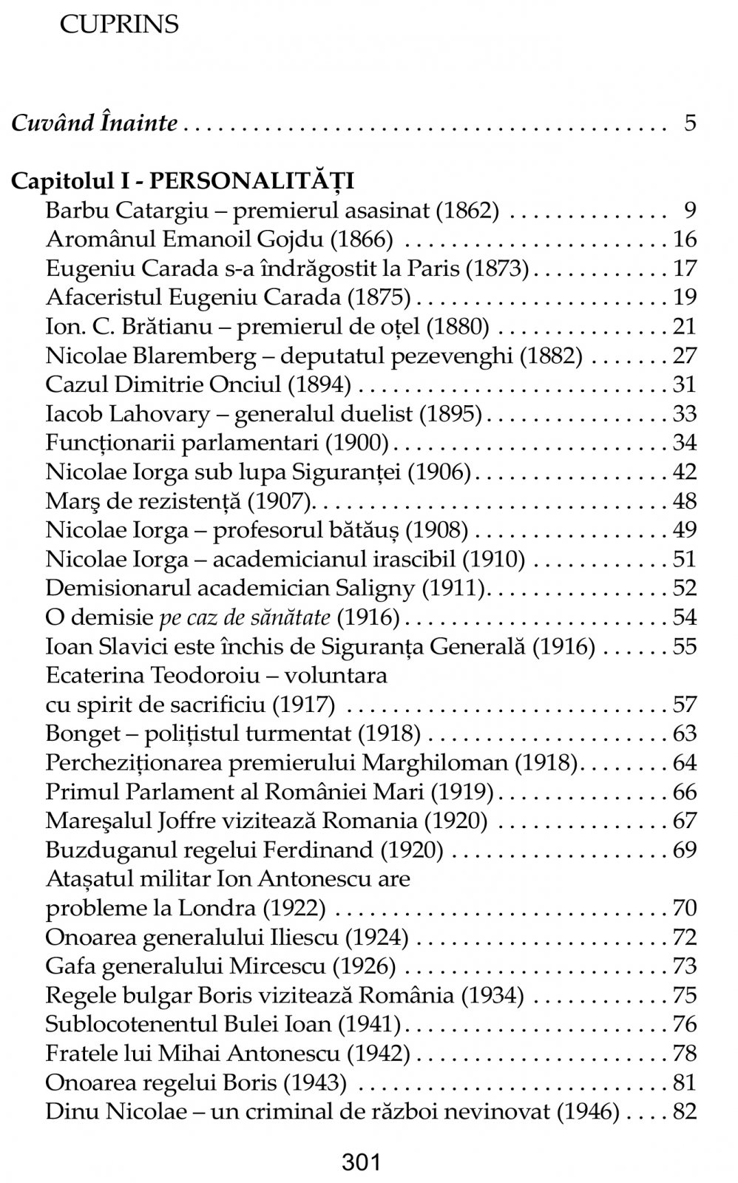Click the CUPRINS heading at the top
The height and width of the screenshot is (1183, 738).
coord(118,24)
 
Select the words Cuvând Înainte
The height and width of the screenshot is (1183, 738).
coord(94,123)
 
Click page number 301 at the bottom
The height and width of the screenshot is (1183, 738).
coord(361,1162)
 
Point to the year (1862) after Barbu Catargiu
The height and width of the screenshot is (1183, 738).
coord(467,211)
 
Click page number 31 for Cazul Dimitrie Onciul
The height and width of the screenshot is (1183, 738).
coord(685,384)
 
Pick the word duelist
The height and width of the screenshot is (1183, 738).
coord(376,414)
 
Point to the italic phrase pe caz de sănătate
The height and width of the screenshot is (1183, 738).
coord(248,617)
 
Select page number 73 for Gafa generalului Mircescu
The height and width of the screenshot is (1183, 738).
coord(685,966)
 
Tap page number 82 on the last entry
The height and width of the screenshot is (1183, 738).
coord(685,1112)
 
